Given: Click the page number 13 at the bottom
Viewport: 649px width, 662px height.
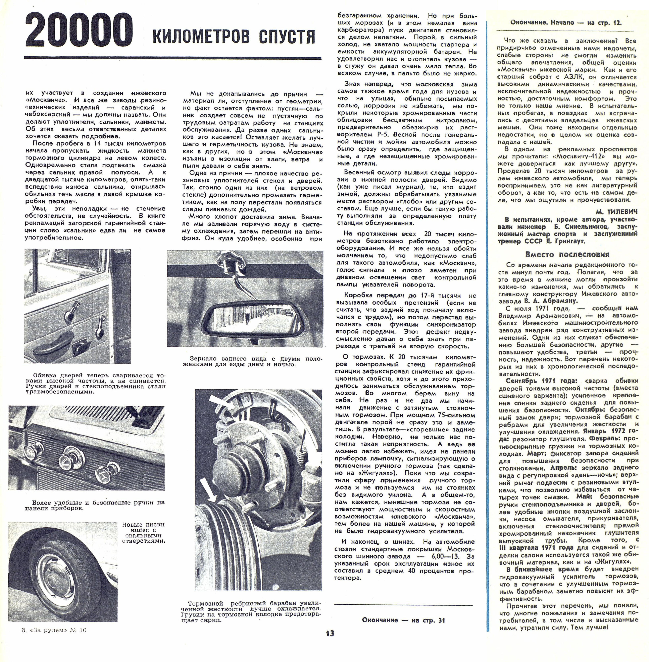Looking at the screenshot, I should (330, 633).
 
